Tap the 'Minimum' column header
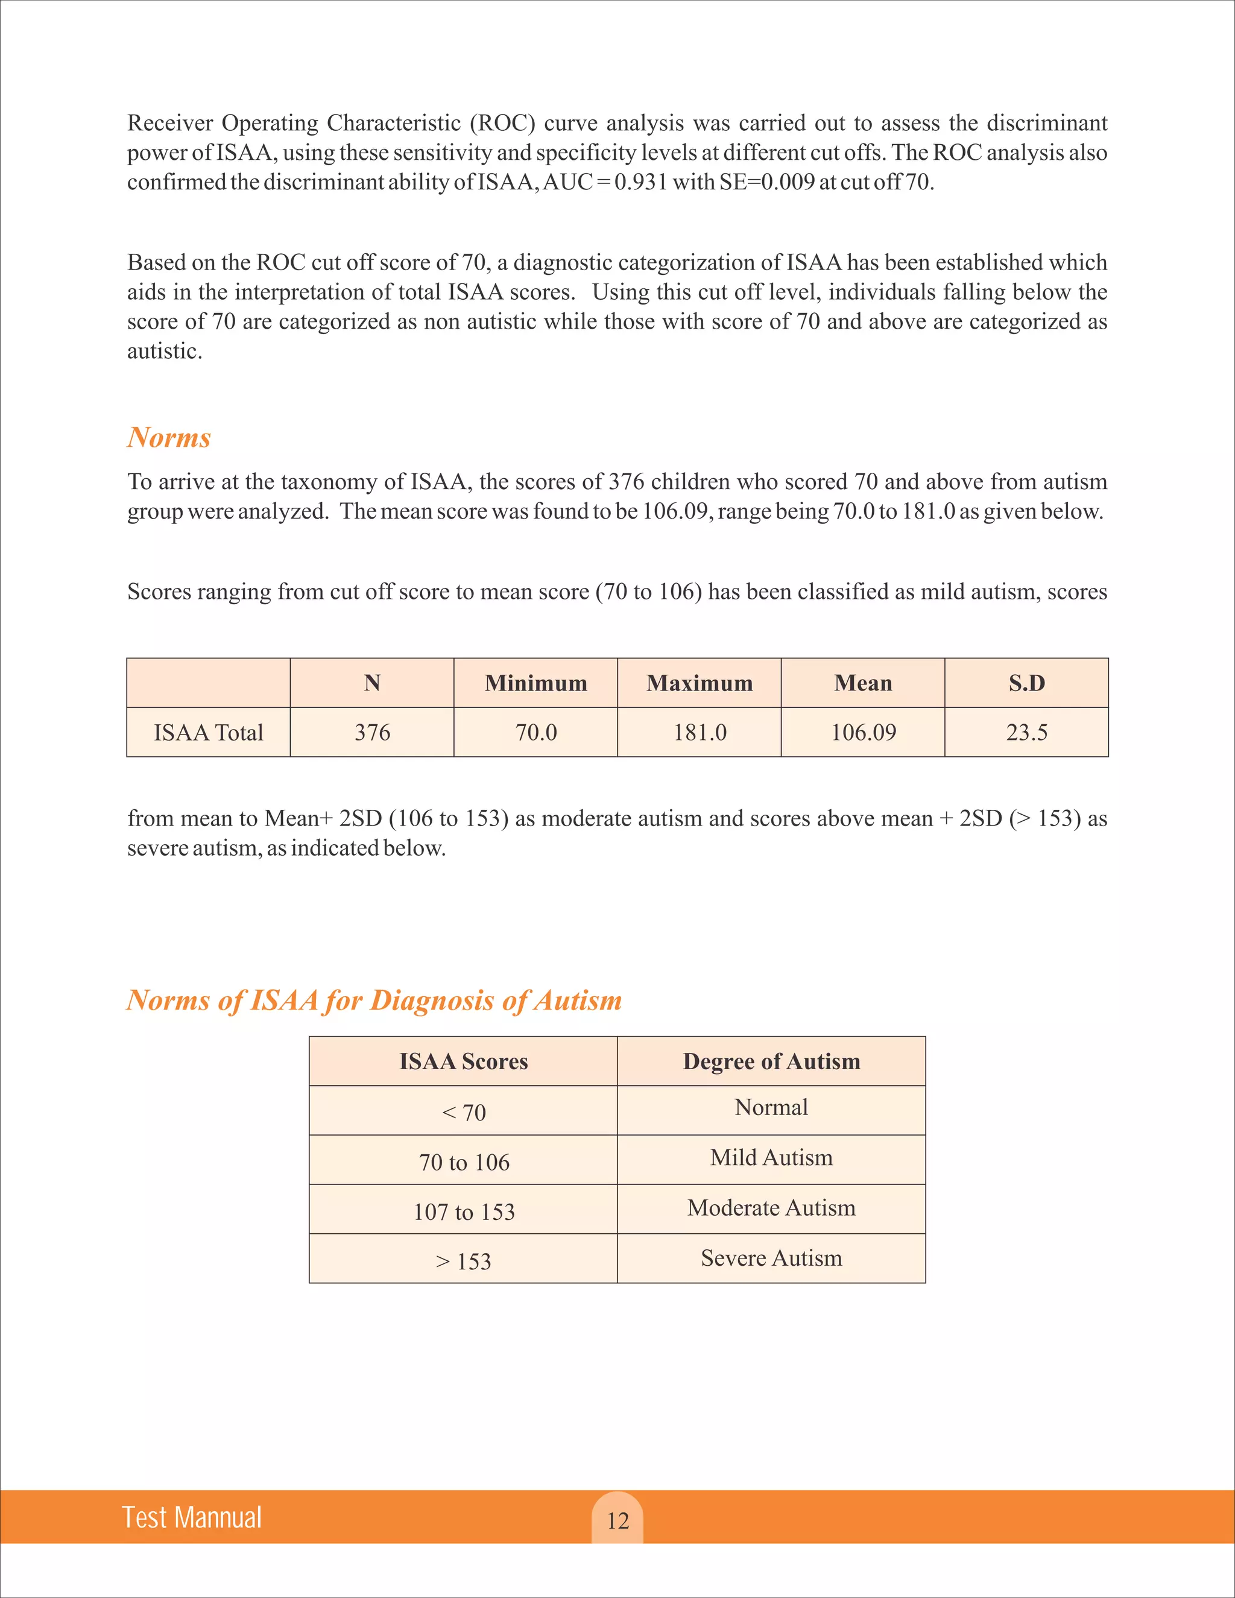click(535, 683)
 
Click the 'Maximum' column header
click(700, 683)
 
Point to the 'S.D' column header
click(1026, 683)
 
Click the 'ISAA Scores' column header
click(463, 1061)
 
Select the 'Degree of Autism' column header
click(771, 1061)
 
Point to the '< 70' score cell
click(463, 1112)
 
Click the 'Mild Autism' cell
click(771, 1158)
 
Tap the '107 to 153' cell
click(464, 1211)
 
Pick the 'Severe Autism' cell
click(771, 1258)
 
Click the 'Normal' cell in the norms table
click(771, 1107)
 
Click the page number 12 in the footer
click(617, 1520)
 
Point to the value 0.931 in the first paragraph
click(640, 182)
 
